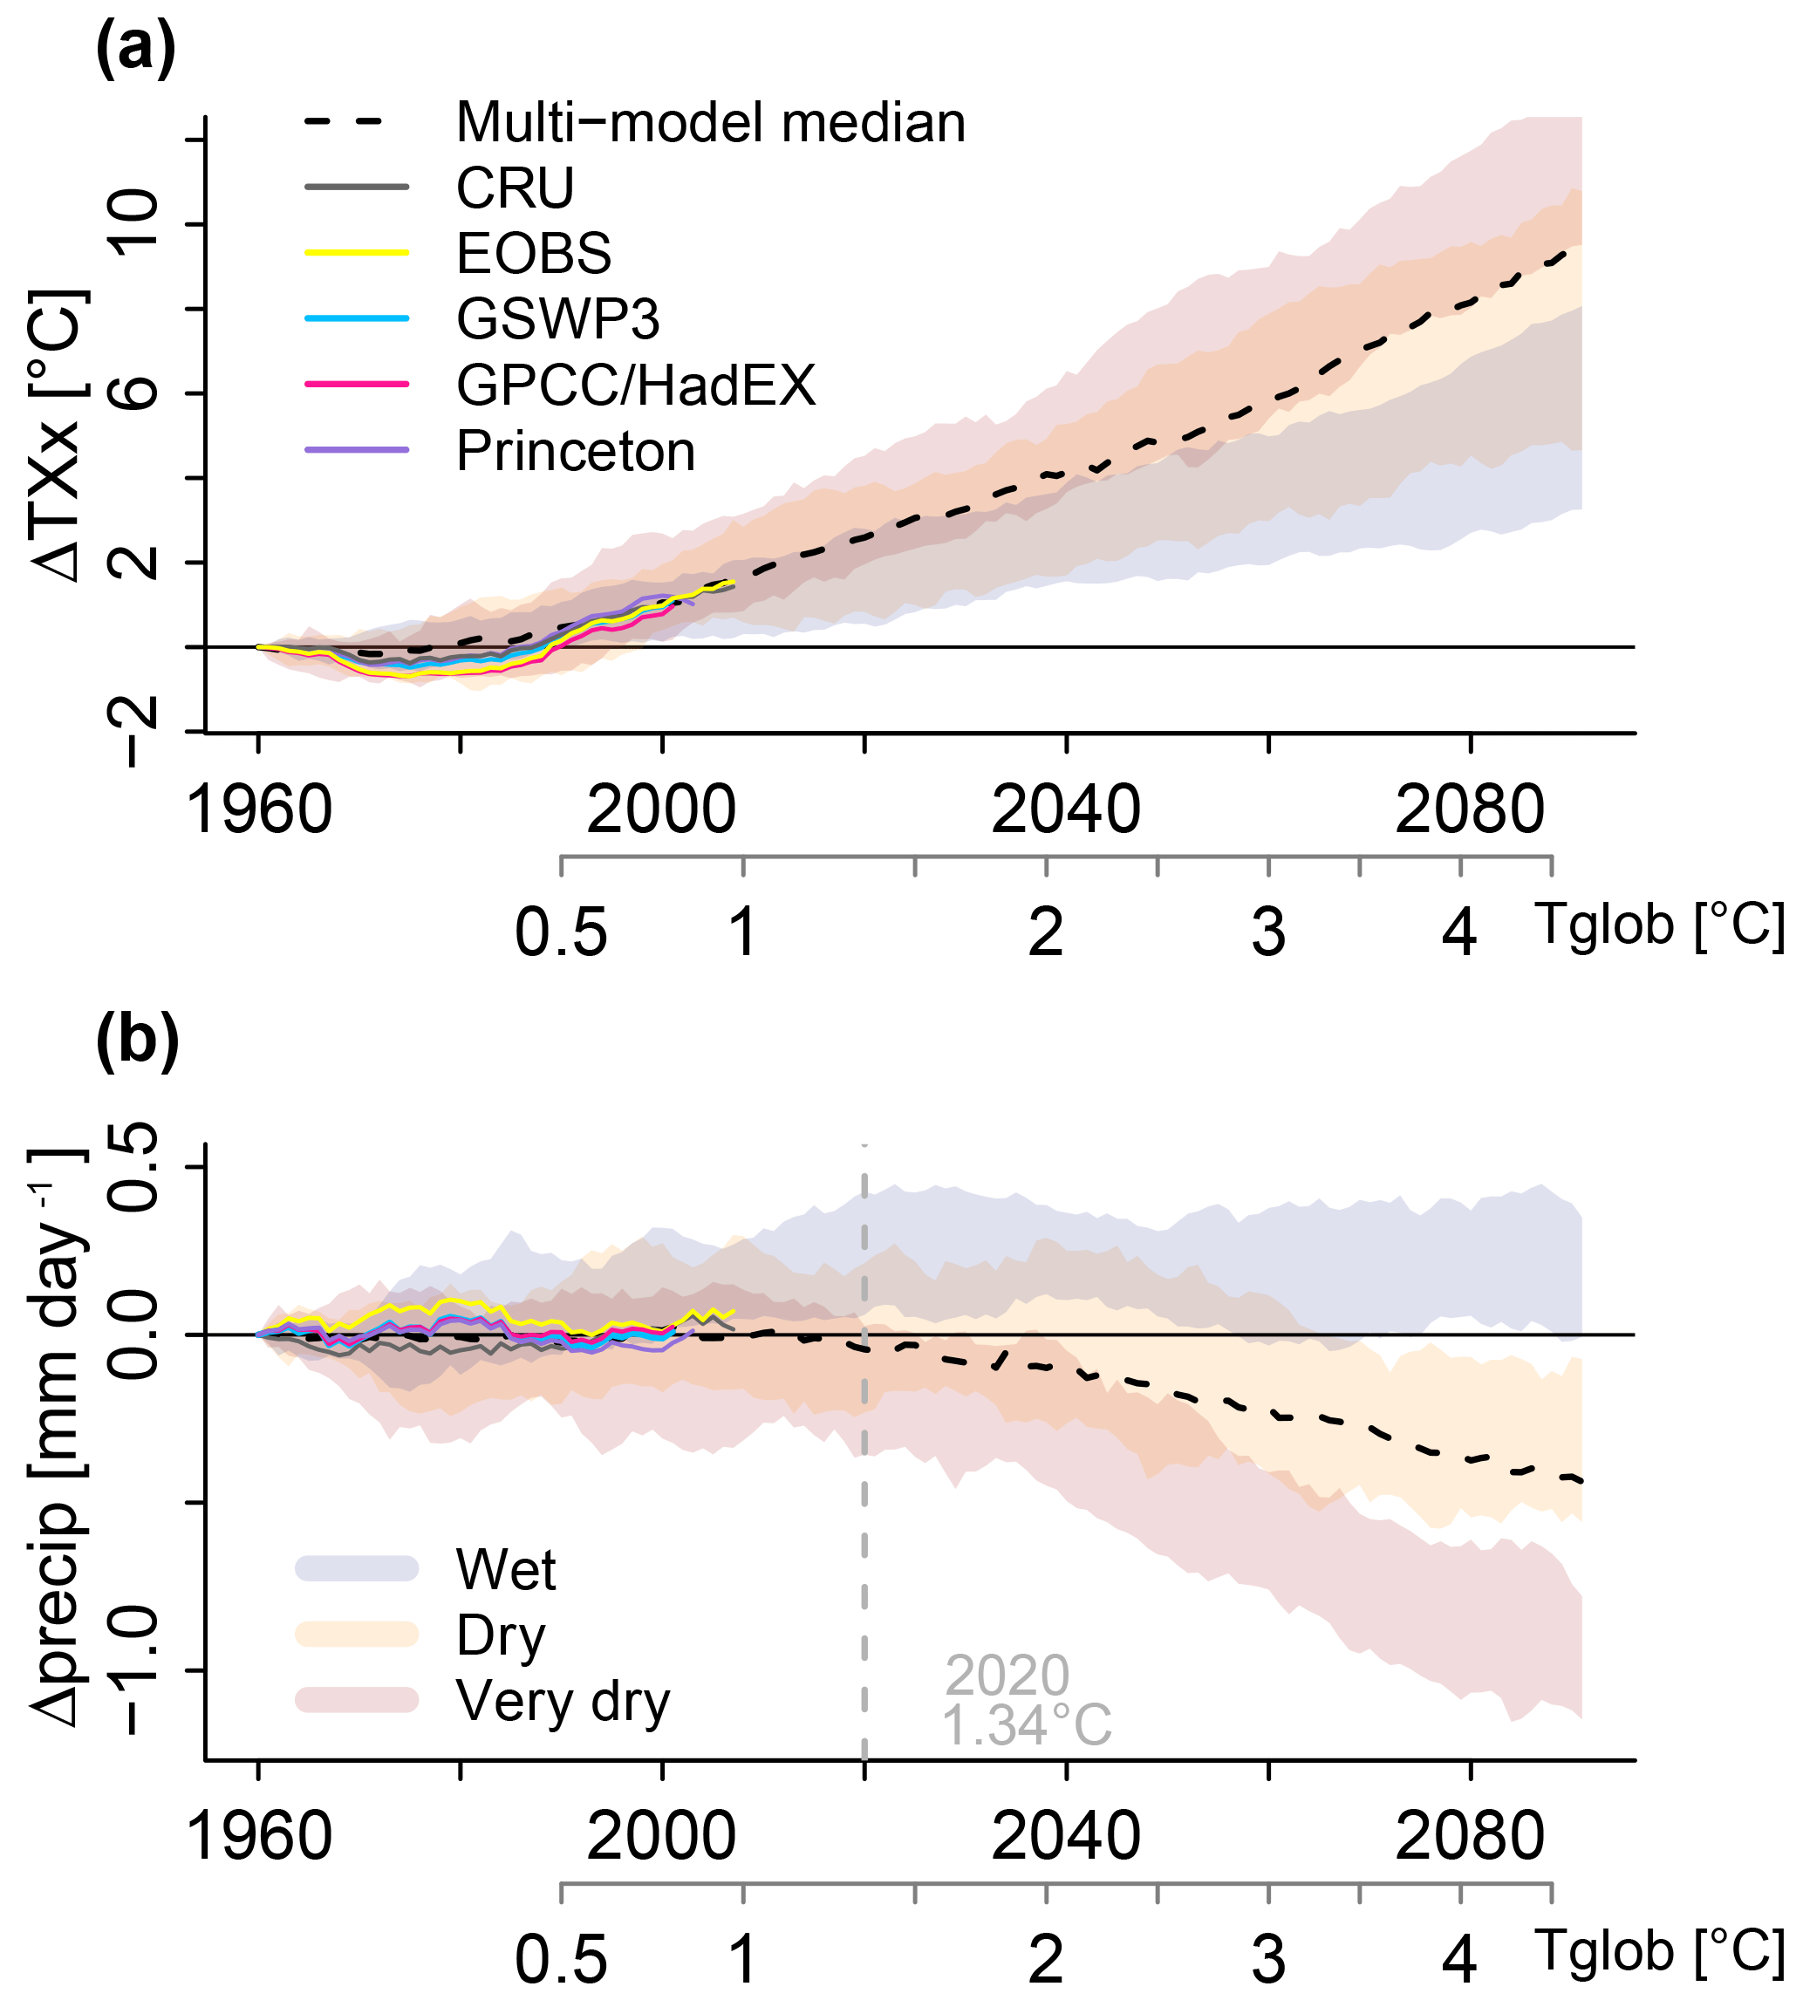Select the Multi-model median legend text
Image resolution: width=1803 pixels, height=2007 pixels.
(x=710, y=123)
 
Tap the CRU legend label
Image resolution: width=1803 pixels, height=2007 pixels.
(x=516, y=188)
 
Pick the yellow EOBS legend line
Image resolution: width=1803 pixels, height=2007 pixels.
(x=357, y=254)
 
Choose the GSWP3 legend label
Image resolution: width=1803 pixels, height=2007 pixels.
(x=557, y=319)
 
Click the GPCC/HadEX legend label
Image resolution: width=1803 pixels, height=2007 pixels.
(x=636, y=386)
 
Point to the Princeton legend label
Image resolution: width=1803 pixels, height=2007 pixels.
(x=576, y=452)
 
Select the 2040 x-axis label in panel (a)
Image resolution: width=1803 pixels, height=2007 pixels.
(x=1066, y=810)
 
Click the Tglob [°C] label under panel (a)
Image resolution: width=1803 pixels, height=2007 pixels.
(x=1660, y=925)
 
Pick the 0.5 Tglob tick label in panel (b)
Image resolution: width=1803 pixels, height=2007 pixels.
(x=561, y=1959)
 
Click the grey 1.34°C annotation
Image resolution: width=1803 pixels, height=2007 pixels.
(x=1027, y=1724)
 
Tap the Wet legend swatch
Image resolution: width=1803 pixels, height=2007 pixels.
(x=357, y=1568)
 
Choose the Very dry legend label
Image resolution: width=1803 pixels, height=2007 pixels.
(x=563, y=1702)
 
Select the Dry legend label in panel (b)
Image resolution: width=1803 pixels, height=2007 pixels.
(x=502, y=1635)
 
